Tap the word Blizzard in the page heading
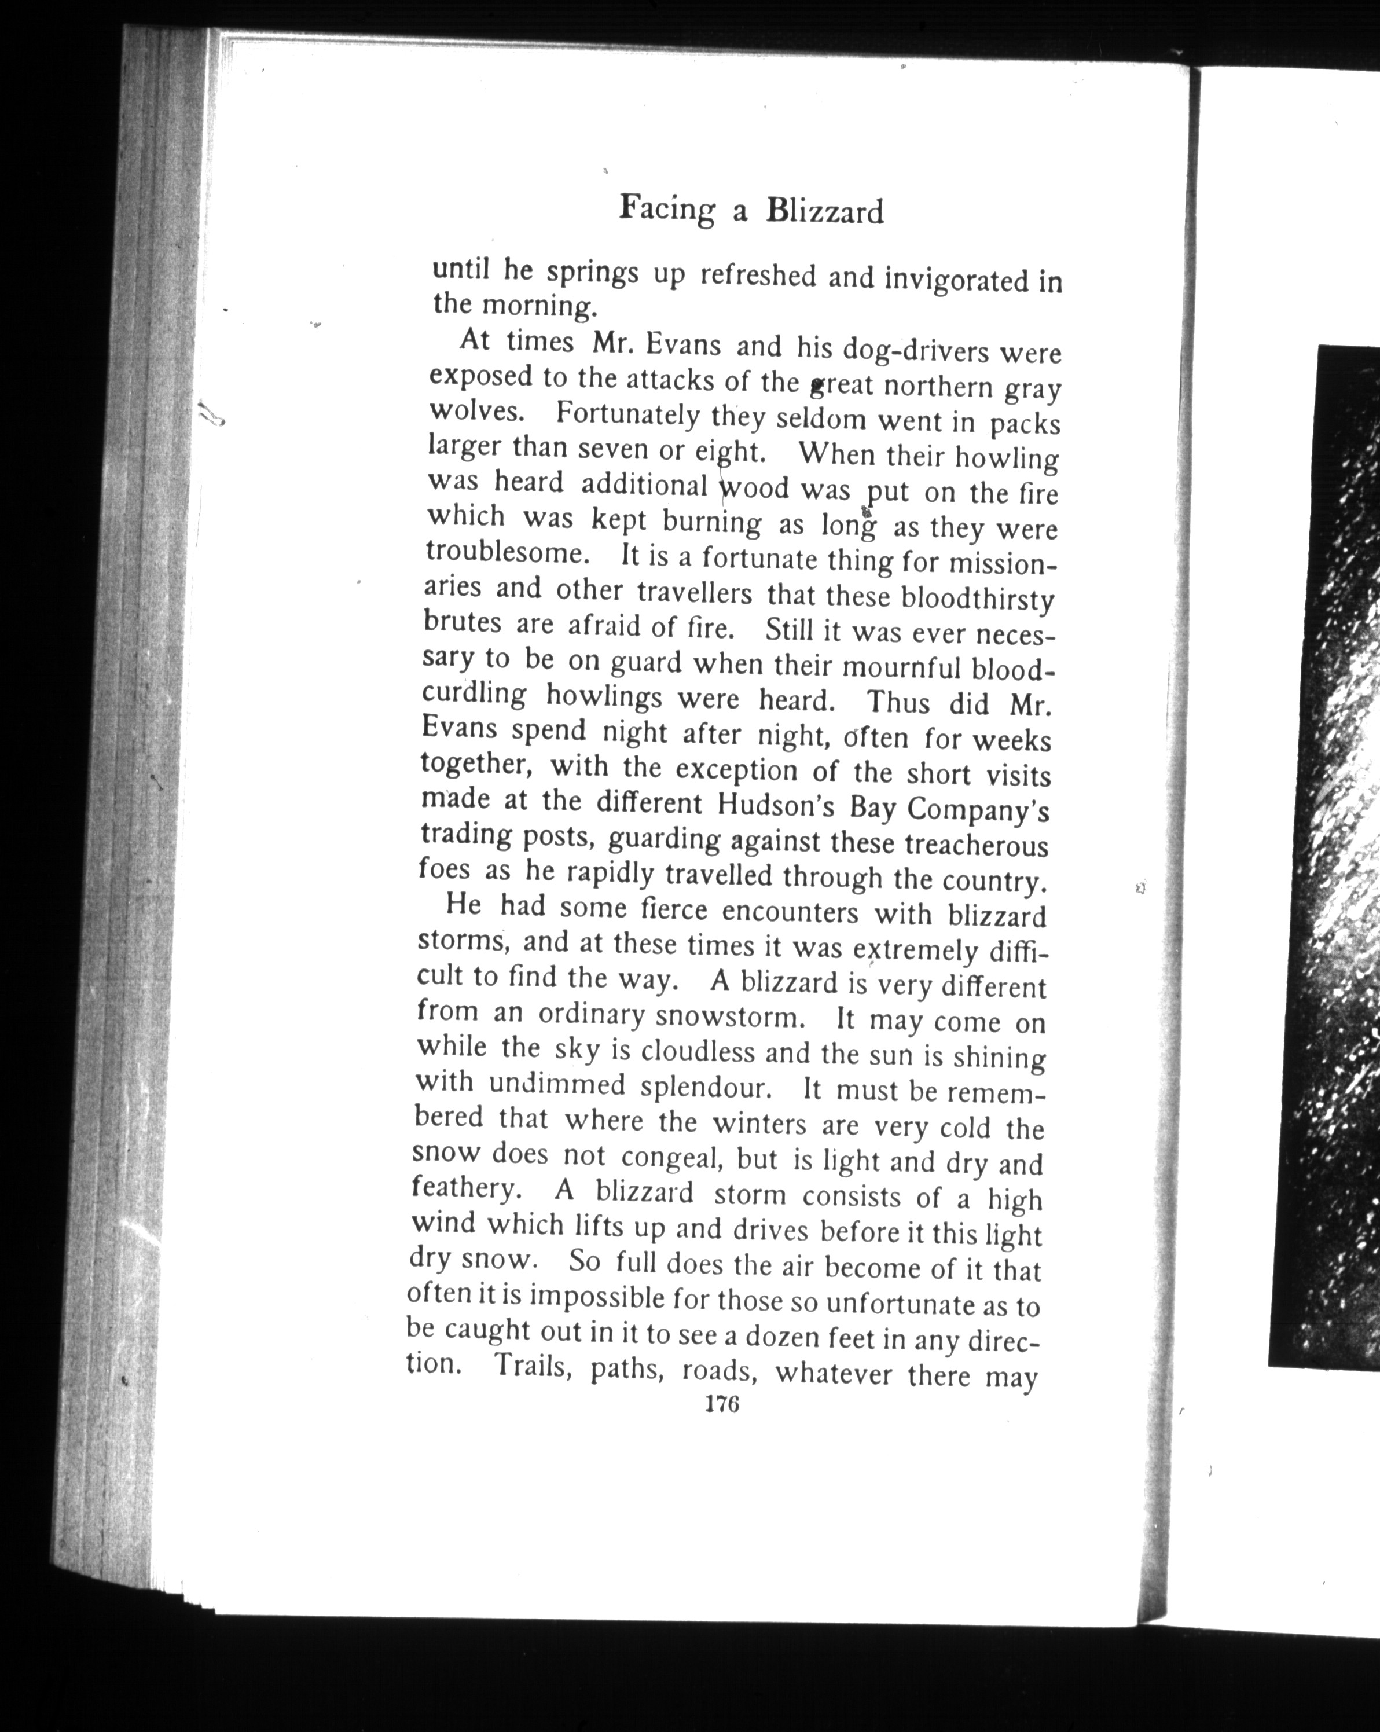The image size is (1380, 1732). tap(824, 211)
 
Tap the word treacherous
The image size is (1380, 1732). tap(976, 845)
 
